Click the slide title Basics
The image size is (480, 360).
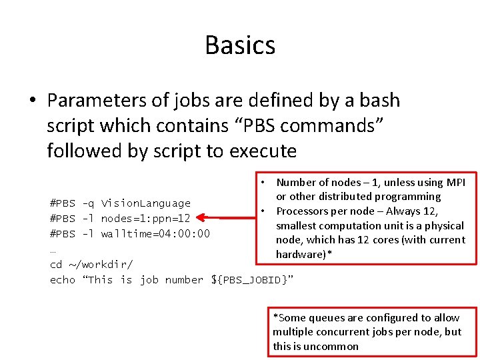(240, 45)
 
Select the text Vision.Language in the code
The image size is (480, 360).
(145, 203)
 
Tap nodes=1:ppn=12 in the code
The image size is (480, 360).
(145, 219)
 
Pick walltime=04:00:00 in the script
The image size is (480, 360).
(155, 233)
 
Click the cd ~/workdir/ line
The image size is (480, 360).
(91, 265)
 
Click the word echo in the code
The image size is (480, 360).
(63, 280)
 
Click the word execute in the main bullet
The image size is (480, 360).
(263, 151)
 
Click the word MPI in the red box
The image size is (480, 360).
(455, 182)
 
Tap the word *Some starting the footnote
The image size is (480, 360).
(289, 317)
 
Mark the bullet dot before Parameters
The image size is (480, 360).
(32, 101)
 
